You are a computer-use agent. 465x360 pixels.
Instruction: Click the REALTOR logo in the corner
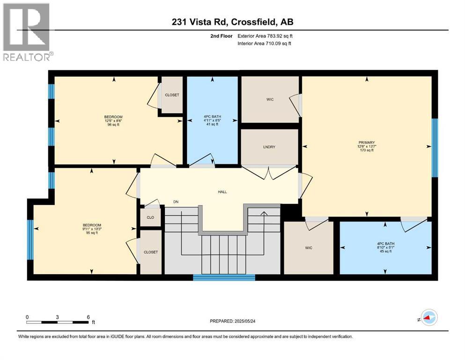pyautogui.click(x=26, y=32)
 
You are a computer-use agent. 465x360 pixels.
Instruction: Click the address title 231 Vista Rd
pyautogui.click(x=232, y=22)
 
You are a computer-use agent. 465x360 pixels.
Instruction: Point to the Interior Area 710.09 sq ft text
pyautogui.click(x=265, y=44)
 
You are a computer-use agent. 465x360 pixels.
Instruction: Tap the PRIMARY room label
pyautogui.click(x=368, y=142)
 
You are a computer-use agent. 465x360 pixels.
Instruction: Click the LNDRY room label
pyautogui.click(x=269, y=147)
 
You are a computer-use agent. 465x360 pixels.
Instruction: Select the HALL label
pyautogui.click(x=222, y=191)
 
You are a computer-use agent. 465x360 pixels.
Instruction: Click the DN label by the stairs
pyautogui.click(x=176, y=202)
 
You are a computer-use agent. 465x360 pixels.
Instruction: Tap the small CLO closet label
pyautogui.click(x=150, y=217)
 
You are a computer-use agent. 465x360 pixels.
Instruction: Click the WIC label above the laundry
pyautogui.click(x=269, y=99)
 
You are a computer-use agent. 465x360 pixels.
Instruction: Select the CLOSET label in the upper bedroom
pyautogui.click(x=172, y=95)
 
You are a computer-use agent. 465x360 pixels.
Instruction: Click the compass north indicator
pyautogui.click(x=428, y=318)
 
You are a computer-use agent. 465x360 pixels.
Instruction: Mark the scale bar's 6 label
pyautogui.click(x=88, y=317)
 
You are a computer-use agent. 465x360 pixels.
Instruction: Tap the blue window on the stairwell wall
pyautogui.click(x=224, y=277)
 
